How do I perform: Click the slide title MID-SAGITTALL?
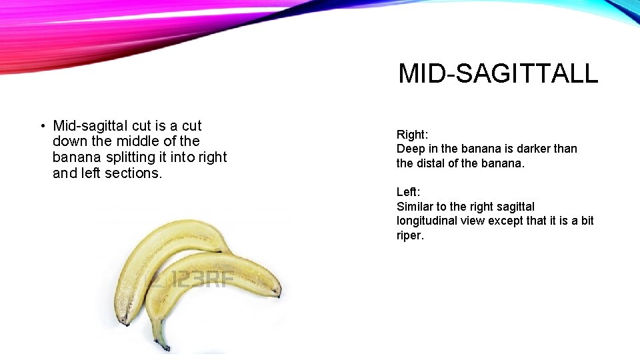click(x=498, y=73)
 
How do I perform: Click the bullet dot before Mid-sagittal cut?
click(x=41, y=126)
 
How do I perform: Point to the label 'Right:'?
click(x=412, y=135)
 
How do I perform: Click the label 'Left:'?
click(x=409, y=193)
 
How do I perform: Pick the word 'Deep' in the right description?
click(x=410, y=149)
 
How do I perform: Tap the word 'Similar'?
click(x=416, y=207)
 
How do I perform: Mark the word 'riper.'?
click(x=410, y=235)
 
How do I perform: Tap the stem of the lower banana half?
click(x=160, y=337)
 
